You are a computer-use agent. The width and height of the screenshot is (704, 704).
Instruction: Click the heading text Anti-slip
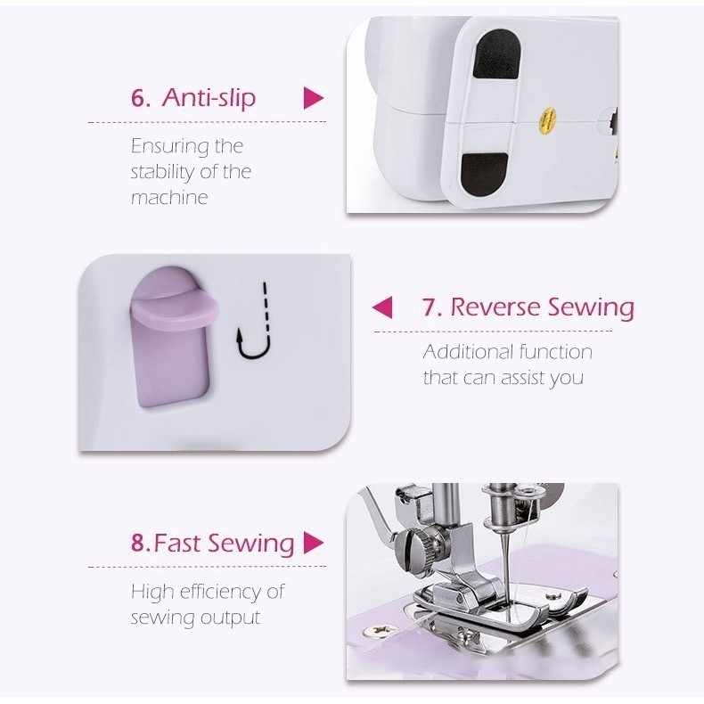point(209,97)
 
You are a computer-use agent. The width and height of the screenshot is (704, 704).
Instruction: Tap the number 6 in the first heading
point(138,97)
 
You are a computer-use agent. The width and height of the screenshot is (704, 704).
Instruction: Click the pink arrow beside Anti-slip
point(314,98)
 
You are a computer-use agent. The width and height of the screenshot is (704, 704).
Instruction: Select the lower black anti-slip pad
point(485,174)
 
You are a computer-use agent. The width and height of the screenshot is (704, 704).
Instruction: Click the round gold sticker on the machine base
point(547,121)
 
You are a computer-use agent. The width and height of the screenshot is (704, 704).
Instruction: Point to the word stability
point(164,172)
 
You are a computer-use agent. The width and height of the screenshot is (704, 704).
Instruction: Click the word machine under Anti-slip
point(169,198)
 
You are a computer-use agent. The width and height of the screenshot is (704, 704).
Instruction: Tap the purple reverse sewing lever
point(173,339)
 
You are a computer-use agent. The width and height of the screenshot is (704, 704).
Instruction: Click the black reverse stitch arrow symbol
point(255,321)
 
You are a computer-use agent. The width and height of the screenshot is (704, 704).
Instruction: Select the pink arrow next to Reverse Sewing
point(382,307)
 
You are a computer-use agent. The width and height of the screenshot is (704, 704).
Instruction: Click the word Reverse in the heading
point(495,307)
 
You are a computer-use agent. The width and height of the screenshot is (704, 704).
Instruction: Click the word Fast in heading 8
point(177,543)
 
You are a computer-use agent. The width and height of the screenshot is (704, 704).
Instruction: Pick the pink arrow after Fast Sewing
point(314,543)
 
